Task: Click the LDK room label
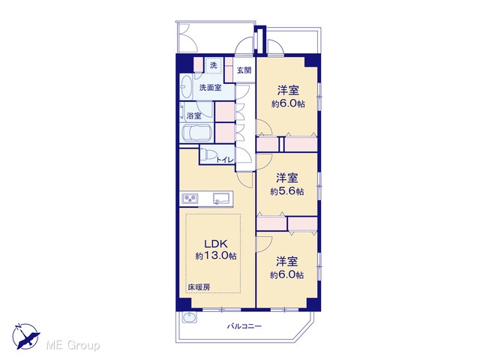point(216,244)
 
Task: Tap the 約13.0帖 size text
point(216,256)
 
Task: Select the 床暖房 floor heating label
point(199,287)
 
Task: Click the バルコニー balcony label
point(244,326)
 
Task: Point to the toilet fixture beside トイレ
point(207,154)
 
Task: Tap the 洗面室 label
point(210,88)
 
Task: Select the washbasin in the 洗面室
point(185,86)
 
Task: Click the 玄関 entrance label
point(244,70)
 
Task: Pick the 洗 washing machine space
point(213,65)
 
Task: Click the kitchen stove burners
point(190,199)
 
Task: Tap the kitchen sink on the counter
point(222,198)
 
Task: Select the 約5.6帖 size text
point(286,192)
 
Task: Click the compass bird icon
point(26,337)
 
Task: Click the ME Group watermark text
point(73,345)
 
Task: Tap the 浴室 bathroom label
point(193,116)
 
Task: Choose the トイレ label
point(225,160)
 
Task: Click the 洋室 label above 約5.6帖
point(286,178)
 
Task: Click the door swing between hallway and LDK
point(246,180)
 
